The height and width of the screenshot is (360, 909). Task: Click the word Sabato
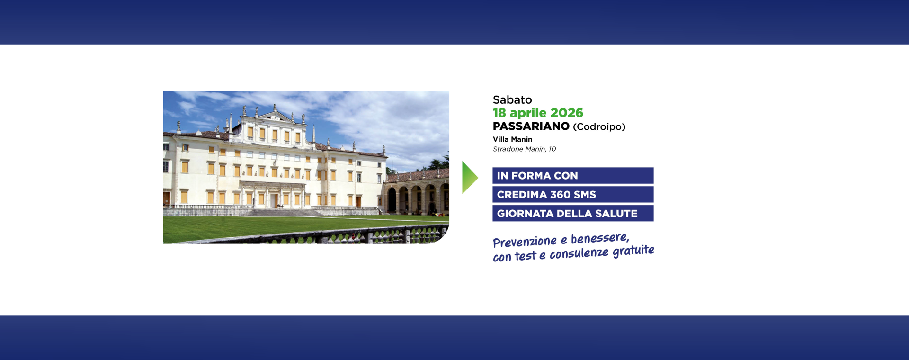[x=512, y=99]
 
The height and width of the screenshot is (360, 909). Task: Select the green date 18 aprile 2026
[x=538, y=113]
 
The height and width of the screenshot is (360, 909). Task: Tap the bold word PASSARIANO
[x=531, y=126]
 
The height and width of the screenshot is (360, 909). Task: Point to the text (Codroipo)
[x=599, y=127]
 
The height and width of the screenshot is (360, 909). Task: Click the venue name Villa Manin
[x=512, y=139]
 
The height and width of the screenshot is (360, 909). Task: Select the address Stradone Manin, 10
[x=524, y=149]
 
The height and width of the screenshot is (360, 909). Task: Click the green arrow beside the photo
[x=470, y=177]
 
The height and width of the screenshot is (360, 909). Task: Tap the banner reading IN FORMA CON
[x=573, y=175]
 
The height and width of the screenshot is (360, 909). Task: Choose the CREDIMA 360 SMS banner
[x=573, y=194]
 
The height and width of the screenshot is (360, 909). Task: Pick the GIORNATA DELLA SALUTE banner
[x=573, y=213]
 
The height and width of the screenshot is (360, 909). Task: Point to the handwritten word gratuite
[x=633, y=251]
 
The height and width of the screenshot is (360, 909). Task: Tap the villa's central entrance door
[x=274, y=200]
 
